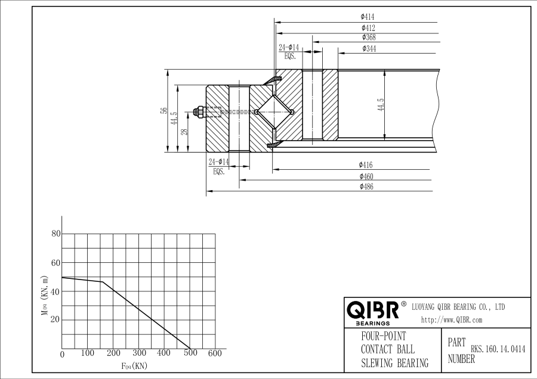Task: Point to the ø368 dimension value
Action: pos(368,38)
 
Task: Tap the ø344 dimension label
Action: pos(368,48)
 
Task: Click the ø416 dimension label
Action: pos(366,165)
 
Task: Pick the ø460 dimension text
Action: pos(366,176)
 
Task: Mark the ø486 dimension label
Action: pos(366,187)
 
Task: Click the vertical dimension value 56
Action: pos(163,111)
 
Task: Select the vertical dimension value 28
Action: pos(185,132)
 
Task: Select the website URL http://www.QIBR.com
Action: pos(451,320)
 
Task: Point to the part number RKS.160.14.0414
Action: pos(498,350)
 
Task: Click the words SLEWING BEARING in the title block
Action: pos(394,363)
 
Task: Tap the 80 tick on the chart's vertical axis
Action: pos(56,234)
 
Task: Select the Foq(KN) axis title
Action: pos(134,365)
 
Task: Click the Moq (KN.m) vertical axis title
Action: pos(44,295)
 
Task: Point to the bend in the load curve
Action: pos(103,282)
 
